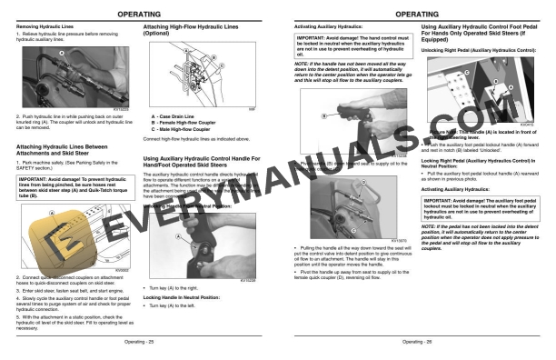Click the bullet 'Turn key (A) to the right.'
177,287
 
